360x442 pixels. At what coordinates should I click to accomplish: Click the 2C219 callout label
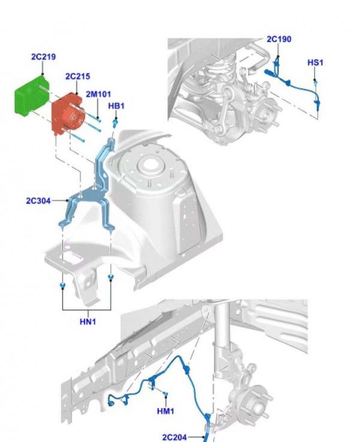tap(43, 57)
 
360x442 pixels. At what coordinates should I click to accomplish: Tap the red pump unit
tap(66, 114)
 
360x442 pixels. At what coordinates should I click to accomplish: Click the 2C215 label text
tap(77, 76)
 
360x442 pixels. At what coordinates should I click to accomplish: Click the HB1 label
tap(116, 106)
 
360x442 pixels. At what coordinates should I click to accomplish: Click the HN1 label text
tap(88, 321)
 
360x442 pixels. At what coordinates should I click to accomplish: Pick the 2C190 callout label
tap(279, 40)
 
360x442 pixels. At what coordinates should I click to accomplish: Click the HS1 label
tap(316, 62)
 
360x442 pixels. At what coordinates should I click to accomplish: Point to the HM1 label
tap(165, 411)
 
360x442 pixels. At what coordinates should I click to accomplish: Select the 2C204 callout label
tap(175, 437)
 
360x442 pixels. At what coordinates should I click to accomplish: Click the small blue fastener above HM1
tap(164, 393)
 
